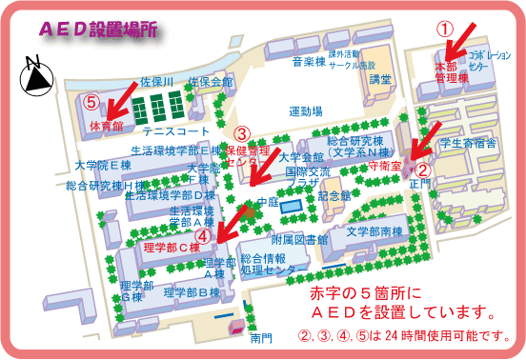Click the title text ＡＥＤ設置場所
[x=92, y=30]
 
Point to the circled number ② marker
[x=425, y=161]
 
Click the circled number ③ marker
[x=242, y=134]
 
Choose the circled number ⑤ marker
[x=91, y=99]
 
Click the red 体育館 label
[x=107, y=125]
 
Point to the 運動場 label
[x=309, y=111]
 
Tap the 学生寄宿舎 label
[x=466, y=144]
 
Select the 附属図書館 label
[x=298, y=239]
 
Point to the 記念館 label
[x=334, y=195]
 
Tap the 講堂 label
[x=380, y=79]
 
